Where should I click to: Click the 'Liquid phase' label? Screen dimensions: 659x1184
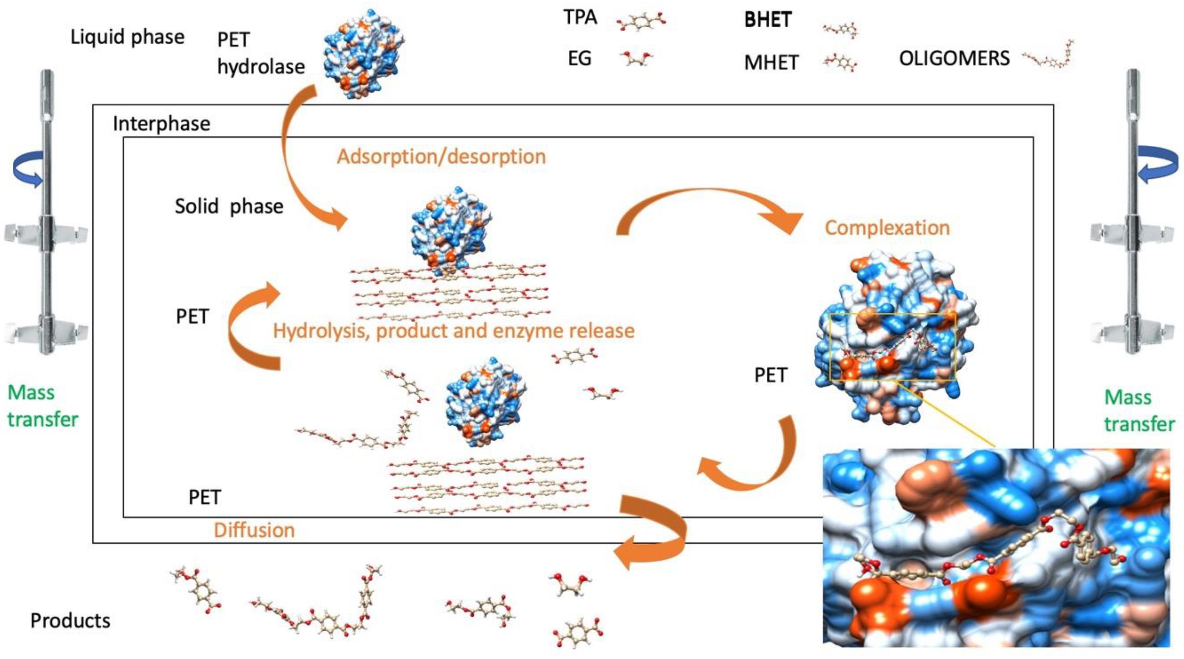(127, 37)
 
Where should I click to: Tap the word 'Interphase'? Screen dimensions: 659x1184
(161, 124)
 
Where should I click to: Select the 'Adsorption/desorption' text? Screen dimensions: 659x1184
(441, 157)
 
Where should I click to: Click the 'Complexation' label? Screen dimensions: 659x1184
(887, 228)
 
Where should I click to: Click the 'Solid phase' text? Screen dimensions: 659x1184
(229, 206)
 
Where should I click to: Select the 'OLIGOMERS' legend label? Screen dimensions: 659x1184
(954, 58)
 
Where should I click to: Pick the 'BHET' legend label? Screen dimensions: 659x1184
(768, 20)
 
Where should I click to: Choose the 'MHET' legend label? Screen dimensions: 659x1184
(771, 62)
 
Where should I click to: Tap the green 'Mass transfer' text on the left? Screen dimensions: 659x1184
(42, 406)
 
